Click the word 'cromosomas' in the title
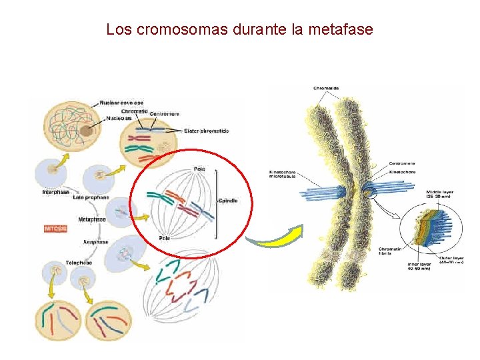(x=179, y=29)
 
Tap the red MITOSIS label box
(x=54, y=229)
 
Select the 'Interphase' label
(x=55, y=193)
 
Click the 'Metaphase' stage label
(x=92, y=219)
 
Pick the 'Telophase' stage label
(x=79, y=263)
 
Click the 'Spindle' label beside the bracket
(x=227, y=201)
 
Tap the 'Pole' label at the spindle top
(x=199, y=169)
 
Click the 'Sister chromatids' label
(x=206, y=131)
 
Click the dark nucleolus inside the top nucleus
(x=87, y=131)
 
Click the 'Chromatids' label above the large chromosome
(x=326, y=88)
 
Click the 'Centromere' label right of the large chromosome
(x=402, y=163)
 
